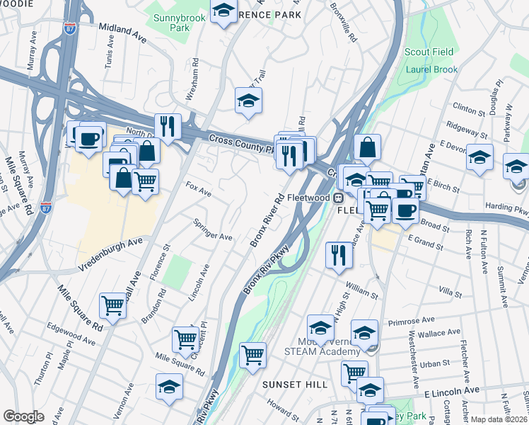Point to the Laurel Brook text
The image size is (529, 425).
pos(431,69)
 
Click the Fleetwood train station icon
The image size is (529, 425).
pos(339,198)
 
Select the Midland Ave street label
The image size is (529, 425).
pos(122,33)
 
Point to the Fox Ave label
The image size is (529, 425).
pos(198,189)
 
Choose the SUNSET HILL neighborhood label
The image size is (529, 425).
pos(295,384)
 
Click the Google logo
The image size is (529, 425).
pos(23,416)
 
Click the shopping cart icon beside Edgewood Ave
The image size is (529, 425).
pos(113,305)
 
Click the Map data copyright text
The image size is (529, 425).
pos(499,419)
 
